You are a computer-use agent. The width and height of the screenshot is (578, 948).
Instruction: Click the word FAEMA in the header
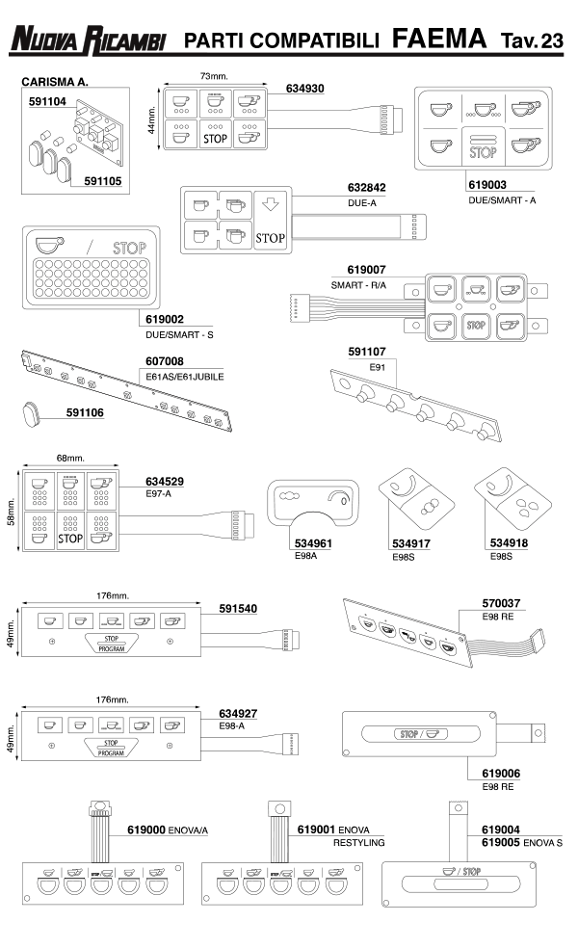439,39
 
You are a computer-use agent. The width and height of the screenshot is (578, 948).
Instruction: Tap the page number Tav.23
532,39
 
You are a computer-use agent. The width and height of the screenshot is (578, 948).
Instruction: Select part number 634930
304,89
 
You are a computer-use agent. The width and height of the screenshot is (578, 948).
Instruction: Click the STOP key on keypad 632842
273,238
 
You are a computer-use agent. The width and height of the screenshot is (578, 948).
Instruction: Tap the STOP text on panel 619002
129,248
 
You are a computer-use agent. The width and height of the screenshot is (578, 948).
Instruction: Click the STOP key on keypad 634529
70,539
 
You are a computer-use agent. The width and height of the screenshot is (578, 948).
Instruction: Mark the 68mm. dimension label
68,457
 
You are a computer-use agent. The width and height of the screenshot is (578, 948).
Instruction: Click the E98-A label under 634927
230,725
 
